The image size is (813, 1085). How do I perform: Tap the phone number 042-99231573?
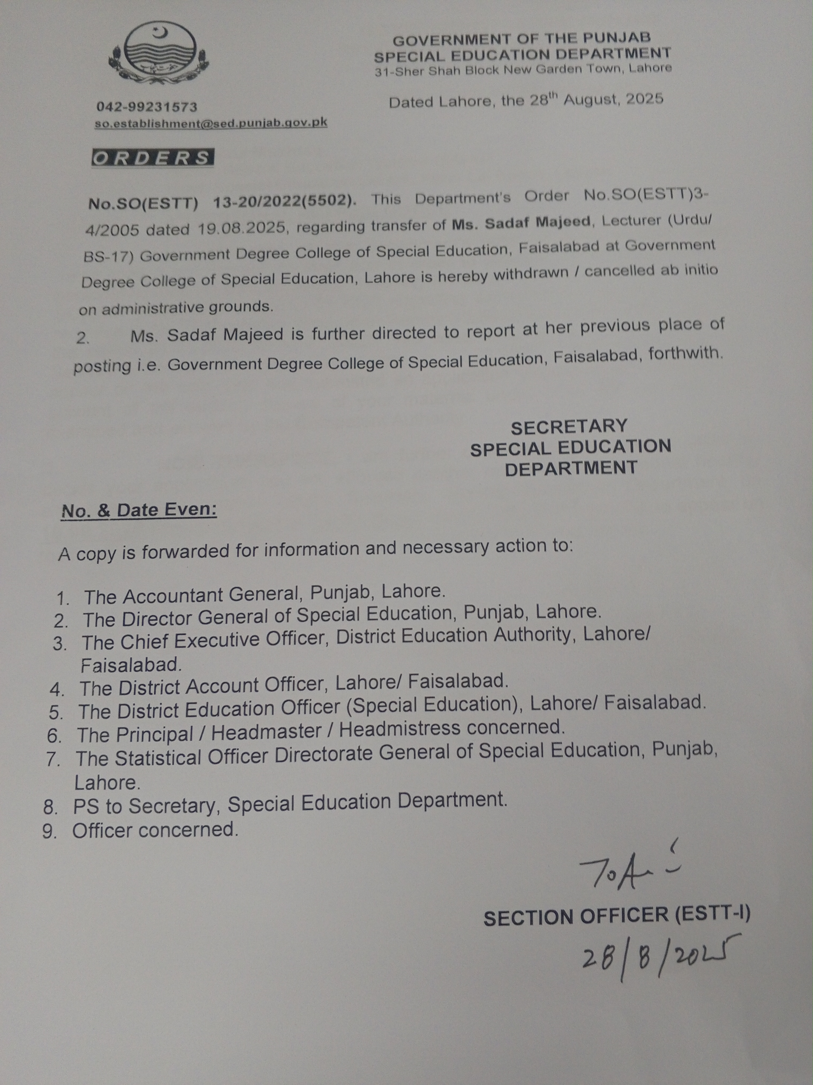146,107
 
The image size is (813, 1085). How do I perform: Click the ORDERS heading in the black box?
152,158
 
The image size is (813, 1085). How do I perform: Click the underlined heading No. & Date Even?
139,511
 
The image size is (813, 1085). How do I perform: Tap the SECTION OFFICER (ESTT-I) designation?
616,916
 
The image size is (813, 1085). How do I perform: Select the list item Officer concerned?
155,830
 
